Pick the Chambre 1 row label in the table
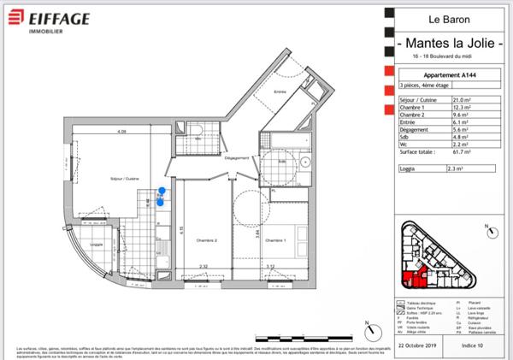(x=414, y=108)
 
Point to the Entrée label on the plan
(x=279, y=91)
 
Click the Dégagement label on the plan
(x=235, y=159)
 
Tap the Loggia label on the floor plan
(x=96, y=245)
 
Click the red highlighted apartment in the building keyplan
(x=410, y=272)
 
